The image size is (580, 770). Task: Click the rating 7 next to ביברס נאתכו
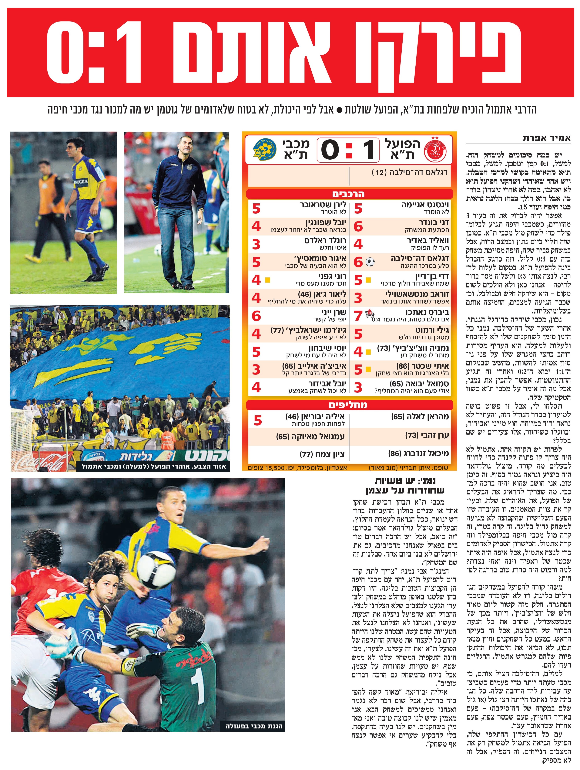click(358, 316)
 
